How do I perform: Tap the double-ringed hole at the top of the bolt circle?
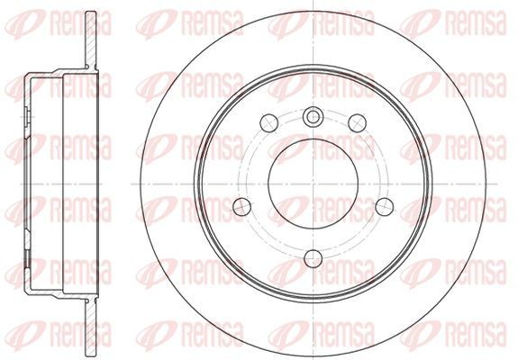tap(313, 115)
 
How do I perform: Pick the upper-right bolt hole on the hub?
tap(355, 121)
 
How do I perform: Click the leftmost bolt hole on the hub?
tap(241, 205)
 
